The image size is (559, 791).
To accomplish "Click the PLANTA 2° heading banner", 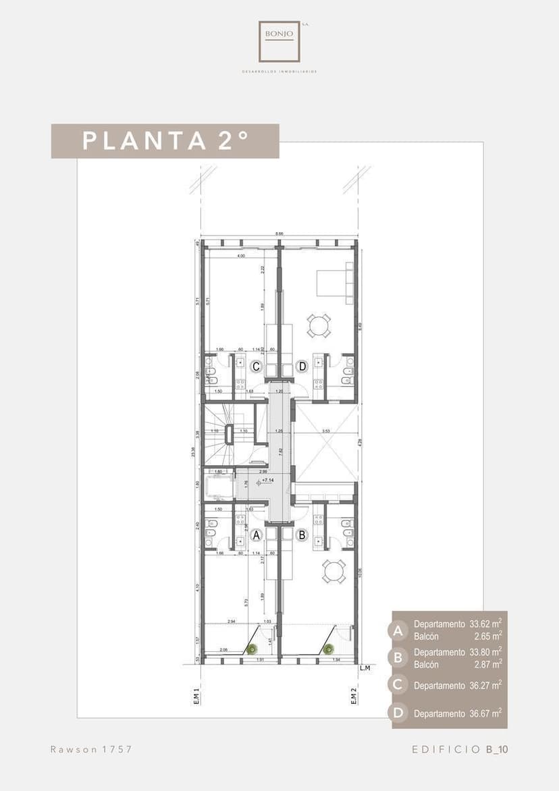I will [165, 141].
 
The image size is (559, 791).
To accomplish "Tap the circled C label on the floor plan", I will [257, 366].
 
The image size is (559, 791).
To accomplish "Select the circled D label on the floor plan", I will [302, 366].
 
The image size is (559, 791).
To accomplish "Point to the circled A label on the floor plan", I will [256, 536].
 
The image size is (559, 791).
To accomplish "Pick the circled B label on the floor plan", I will [302, 536].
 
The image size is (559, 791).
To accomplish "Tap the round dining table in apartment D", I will [319, 326].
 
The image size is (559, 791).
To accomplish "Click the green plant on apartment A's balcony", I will [252, 649].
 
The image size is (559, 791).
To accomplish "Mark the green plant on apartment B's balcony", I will [329, 649].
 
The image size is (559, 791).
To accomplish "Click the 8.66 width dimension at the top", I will [279, 234].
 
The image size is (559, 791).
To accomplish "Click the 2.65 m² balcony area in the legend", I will [487, 636].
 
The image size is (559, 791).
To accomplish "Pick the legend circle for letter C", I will [398, 685].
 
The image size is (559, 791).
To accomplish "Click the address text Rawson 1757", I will [91, 749].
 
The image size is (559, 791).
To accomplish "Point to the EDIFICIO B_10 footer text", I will [459, 749].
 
